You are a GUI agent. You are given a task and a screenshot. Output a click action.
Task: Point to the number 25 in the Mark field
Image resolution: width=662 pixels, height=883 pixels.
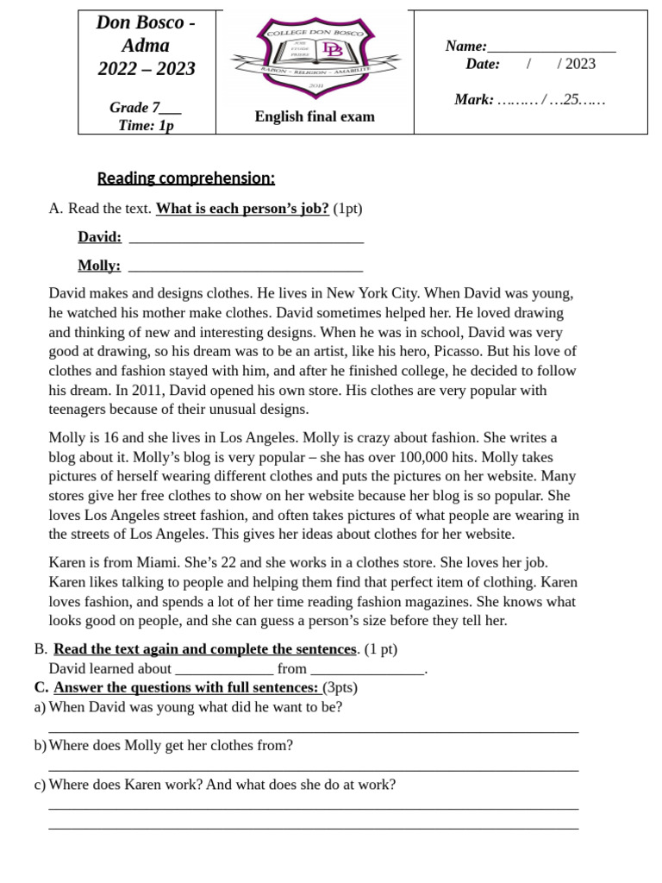571,100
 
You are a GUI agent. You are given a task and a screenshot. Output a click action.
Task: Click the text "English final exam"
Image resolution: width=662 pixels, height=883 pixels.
315,116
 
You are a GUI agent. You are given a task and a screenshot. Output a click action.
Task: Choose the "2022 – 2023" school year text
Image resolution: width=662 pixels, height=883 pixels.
147,69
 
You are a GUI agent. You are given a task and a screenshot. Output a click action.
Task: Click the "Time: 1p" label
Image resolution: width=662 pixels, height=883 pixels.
146,126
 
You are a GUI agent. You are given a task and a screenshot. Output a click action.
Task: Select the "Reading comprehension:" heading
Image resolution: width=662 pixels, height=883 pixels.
186,178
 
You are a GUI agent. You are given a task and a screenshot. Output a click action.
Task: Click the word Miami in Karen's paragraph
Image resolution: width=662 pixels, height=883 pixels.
148,563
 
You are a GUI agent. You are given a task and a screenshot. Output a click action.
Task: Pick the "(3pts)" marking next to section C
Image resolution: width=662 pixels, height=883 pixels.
340,688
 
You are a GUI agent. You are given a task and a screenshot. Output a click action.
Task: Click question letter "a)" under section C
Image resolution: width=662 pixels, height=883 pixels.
40,707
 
